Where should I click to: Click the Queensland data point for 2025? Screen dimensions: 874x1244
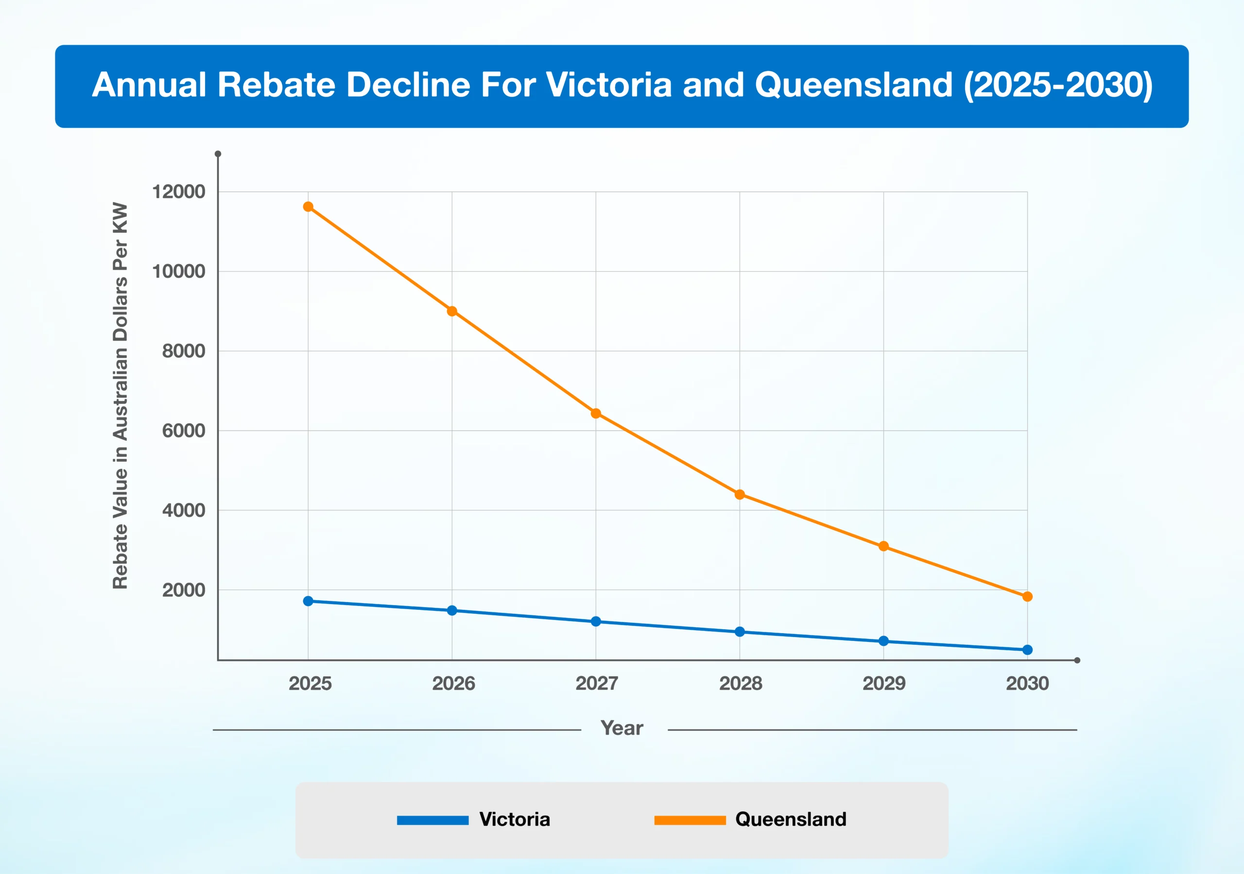coord(308,207)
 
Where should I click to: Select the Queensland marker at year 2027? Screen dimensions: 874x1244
coord(595,414)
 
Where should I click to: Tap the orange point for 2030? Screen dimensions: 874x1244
coord(1027,597)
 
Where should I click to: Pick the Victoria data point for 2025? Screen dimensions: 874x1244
coord(308,601)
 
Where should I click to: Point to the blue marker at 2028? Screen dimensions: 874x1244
coord(740,632)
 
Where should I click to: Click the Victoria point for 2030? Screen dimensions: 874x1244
coord(1027,650)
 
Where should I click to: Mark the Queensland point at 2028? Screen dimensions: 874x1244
coord(740,494)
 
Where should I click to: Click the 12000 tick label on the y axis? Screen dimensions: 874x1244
coord(178,192)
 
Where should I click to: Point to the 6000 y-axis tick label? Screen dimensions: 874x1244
coord(183,431)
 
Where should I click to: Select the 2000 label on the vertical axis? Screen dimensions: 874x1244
coord(183,590)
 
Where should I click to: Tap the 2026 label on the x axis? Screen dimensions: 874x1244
coord(453,683)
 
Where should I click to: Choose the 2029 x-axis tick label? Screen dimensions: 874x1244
coord(884,683)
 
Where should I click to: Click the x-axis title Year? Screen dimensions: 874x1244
coord(622,728)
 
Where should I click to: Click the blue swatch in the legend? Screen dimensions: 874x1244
coord(432,820)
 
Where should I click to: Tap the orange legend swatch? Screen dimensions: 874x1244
coord(690,820)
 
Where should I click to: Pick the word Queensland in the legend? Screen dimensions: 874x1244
coord(791,819)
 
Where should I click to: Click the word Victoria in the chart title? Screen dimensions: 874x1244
coord(608,85)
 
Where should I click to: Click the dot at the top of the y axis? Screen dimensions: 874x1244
coord(218,154)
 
